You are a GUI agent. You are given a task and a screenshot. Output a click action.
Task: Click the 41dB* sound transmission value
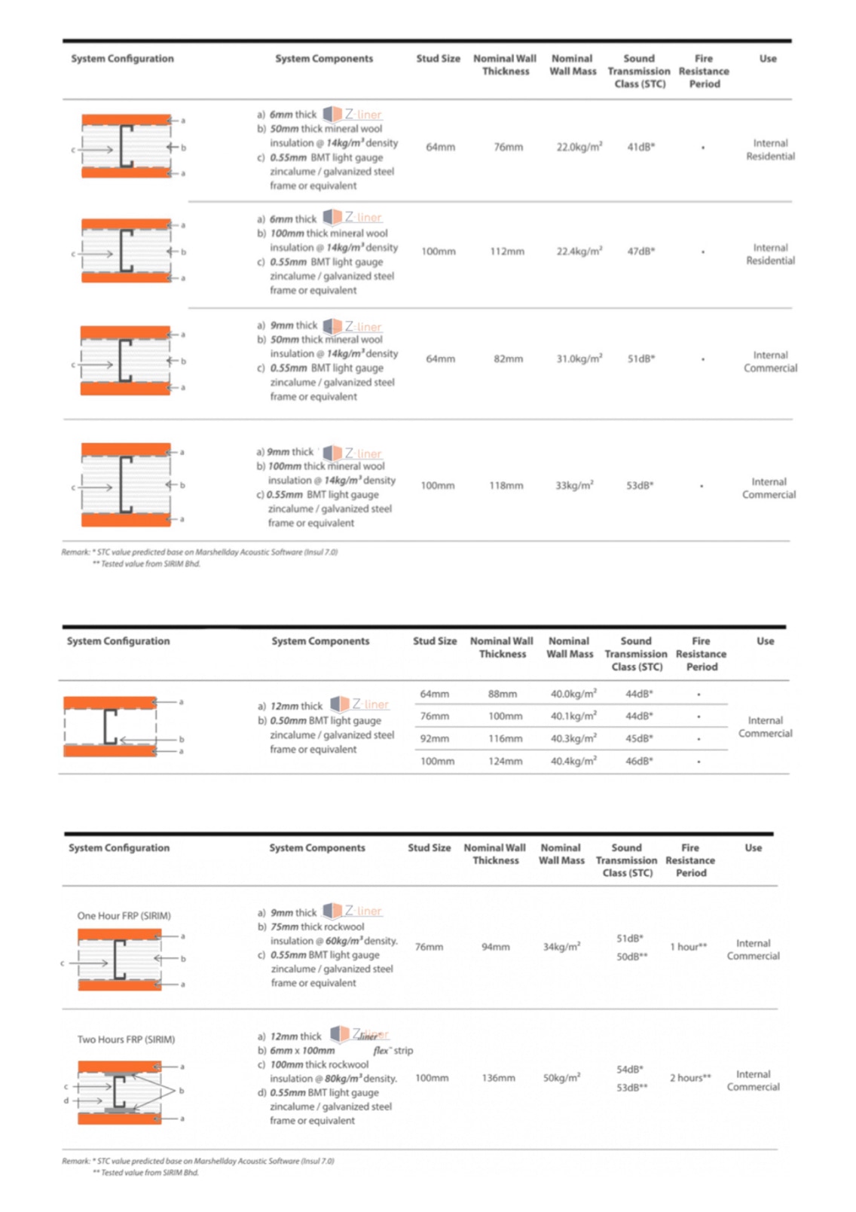(640, 147)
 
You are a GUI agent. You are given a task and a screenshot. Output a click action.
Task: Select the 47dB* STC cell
(640, 251)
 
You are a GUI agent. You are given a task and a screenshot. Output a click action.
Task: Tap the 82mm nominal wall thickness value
(508, 359)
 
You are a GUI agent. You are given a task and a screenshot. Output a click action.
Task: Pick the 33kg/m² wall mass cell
(574, 485)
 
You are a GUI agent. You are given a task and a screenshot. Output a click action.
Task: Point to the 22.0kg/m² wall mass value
(579, 147)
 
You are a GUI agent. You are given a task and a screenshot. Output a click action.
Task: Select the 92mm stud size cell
(434, 738)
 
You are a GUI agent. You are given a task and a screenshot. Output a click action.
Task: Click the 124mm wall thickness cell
(505, 761)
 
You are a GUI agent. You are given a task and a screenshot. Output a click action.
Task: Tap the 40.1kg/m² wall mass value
(573, 716)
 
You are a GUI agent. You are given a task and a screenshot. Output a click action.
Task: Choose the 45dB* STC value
(639, 738)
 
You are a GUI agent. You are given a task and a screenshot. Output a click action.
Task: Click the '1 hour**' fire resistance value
(689, 947)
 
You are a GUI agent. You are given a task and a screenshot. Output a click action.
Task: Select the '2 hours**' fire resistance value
(690, 1078)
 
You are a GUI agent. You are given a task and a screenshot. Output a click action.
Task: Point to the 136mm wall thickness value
(498, 1078)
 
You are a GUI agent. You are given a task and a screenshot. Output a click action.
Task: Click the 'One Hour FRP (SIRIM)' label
(124, 916)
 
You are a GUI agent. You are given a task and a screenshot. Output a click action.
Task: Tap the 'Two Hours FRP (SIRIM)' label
(126, 1040)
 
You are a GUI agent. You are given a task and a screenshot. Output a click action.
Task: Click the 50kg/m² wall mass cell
(561, 1078)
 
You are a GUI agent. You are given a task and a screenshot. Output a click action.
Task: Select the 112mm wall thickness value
(507, 251)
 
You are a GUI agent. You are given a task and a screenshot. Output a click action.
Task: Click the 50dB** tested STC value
(631, 956)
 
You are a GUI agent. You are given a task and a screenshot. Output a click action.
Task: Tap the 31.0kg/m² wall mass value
(579, 359)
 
